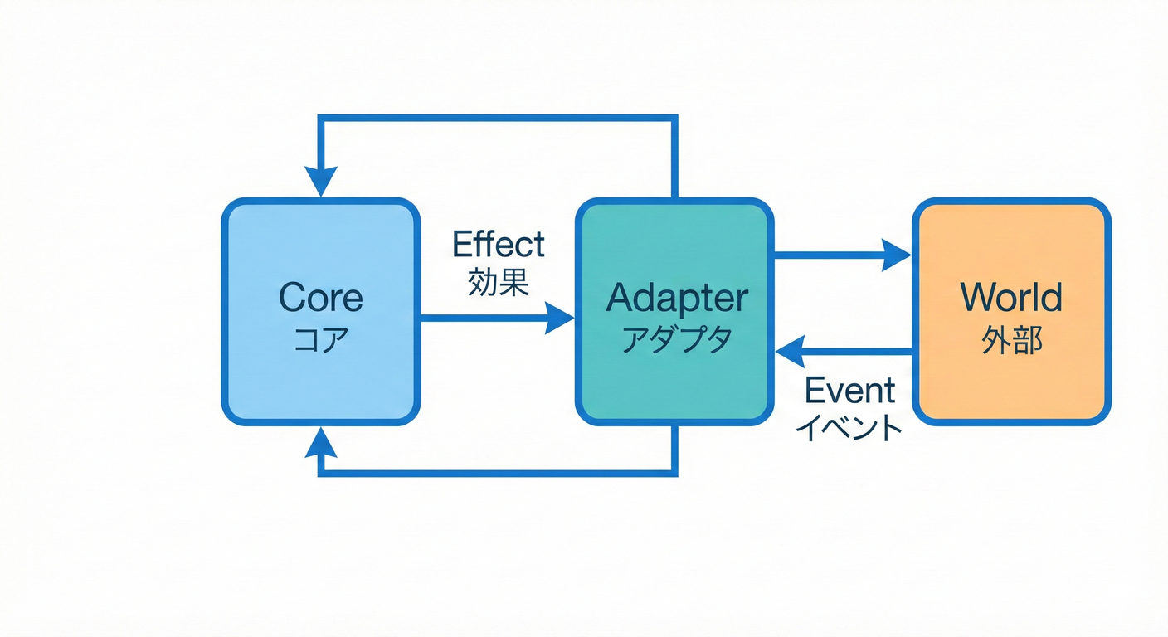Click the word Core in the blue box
click(x=320, y=298)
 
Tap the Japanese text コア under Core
click(x=320, y=340)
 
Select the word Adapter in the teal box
click(x=676, y=298)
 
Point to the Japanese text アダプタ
click(x=676, y=340)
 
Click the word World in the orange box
click(x=1011, y=298)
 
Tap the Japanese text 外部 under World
click(x=1011, y=340)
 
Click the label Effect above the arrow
click(x=498, y=245)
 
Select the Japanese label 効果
click(x=498, y=284)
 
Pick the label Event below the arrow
click(x=850, y=390)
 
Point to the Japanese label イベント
click(x=849, y=428)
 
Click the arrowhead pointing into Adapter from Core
click(x=560, y=318)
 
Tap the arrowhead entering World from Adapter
click(x=897, y=255)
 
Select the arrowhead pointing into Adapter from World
click(x=791, y=352)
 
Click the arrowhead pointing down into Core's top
click(x=321, y=182)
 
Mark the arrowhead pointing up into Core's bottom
click(x=321, y=444)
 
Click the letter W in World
click(x=979, y=298)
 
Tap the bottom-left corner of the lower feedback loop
click(x=322, y=473)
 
